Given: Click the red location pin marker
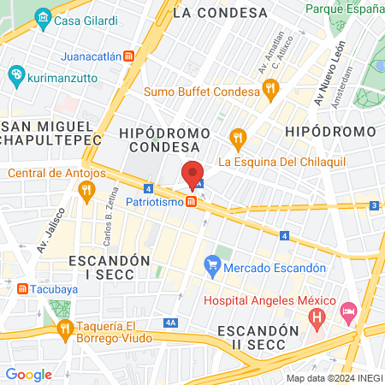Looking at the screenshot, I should pyautogui.click(x=192, y=172).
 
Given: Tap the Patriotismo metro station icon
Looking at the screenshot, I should pyautogui.click(x=192, y=202).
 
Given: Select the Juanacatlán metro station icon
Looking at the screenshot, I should pyautogui.click(x=128, y=56).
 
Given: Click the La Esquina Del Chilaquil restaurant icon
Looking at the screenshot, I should pyautogui.click(x=238, y=137).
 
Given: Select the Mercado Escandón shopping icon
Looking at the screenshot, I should pyautogui.click(x=213, y=268).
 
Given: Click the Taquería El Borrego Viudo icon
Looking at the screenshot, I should pyautogui.click(x=64, y=329).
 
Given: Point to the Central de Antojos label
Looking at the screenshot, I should pyautogui.click(x=56, y=174).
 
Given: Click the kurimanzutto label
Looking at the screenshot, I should pyautogui.click(x=59, y=76).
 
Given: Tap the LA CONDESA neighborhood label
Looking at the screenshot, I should pyautogui.click(x=220, y=13).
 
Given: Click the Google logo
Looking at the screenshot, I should pyautogui.click(x=28, y=374).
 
